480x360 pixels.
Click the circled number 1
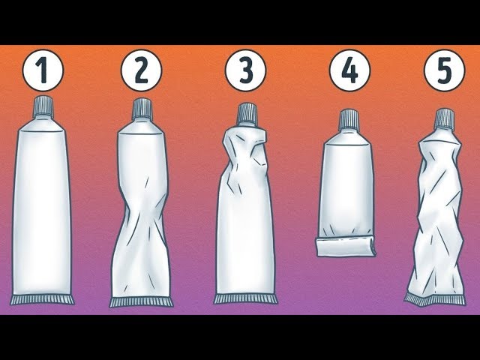point(43,70)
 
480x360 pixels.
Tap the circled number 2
point(141,70)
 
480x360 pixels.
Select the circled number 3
point(245,70)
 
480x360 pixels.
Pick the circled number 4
point(349,70)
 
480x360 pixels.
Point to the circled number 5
point(444,70)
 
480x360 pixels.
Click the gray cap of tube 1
point(43,106)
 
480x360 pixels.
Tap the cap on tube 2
point(142,109)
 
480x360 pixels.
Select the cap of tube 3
point(247,115)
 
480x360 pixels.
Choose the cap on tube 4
point(349,119)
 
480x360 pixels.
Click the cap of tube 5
point(445,118)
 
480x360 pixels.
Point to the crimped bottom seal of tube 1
point(42,300)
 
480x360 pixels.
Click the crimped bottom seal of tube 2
point(142,302)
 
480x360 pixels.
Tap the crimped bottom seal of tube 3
point(245,299)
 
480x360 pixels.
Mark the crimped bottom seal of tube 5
point(435,299)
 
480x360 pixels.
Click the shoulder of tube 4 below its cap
point(348,136)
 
